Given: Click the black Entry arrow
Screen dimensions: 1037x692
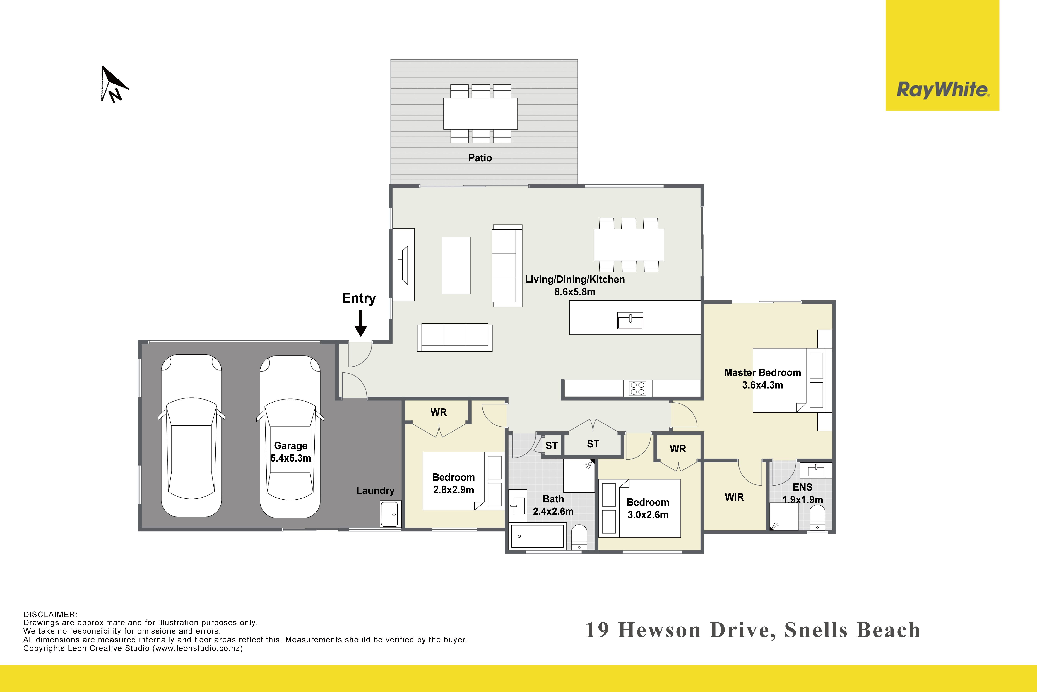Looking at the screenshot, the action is point(361,323).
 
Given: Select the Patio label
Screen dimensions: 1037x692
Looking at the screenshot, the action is point(480,158).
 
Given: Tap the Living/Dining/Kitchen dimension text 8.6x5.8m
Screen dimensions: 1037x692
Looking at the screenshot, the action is point(574,292).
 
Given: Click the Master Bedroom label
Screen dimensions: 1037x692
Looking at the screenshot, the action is point(762,372).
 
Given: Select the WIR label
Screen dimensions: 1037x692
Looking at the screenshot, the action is point(734,497).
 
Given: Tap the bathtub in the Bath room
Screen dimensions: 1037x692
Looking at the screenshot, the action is point(538,536).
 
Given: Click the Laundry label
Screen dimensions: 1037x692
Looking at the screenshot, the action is point(375,491).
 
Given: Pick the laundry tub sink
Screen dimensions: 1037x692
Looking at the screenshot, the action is point(390,514).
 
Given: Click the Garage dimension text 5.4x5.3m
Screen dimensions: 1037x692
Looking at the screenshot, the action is point(291,458).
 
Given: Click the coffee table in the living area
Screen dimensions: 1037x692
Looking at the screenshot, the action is point(456,265).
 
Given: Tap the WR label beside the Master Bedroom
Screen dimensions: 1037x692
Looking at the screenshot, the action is point(678,449).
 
